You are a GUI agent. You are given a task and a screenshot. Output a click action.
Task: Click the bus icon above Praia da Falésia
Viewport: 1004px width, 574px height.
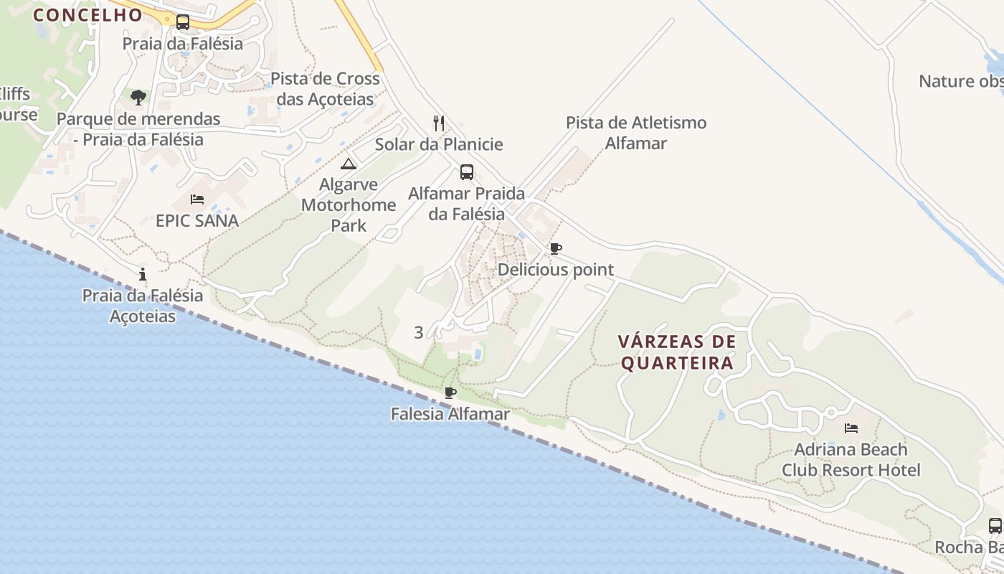pyautogui.click(x=183, y=22)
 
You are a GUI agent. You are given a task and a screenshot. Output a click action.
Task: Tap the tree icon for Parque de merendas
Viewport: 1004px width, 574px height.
pyautogui.click(x=138, y=97)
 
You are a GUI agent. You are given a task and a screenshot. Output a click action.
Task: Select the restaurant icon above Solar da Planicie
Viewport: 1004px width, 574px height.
pyautogui.click(x=439, y=123)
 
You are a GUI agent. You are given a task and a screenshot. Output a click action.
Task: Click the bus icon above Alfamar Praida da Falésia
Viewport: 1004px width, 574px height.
pyautogui.click(x=467, y=172)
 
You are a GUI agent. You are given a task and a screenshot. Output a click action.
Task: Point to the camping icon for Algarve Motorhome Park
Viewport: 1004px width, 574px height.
pyautogui.click(x=349, y=164)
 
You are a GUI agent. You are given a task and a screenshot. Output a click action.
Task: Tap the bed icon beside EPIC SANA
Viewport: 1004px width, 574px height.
pyautogui.click(x=197, y=199)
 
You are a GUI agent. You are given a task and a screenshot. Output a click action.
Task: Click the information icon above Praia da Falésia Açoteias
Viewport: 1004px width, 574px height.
pyautogui.click(x=143, y=274)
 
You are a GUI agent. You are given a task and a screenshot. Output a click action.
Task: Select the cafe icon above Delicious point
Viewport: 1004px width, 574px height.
pyautogui.click(x=555, y=249)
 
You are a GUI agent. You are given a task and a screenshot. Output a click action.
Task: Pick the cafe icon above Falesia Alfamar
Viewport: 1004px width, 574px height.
pyautogui.click(x=450, y=392)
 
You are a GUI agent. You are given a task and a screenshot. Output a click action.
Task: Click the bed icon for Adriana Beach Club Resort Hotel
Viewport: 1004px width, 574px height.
pyautogui.click(x=851, y=428)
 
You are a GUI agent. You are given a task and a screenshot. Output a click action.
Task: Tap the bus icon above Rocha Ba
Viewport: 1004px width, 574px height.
pyautogui.click(x=995, y=525)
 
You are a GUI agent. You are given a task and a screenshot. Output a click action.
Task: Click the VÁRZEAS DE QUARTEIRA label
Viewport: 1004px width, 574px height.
pyautogui.click(x=678, y=352)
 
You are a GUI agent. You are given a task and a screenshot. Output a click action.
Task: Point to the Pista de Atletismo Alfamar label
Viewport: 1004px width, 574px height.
pyautogui.click(x=636, y=133)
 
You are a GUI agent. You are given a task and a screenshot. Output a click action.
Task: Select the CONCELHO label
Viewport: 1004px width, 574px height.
pyautogui.click(x=88, y=14)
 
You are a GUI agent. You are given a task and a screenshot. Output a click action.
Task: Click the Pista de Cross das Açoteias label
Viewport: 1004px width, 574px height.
pyautogui.click(x=325, y=89)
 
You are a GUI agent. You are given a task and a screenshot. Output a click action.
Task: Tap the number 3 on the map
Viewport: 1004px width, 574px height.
pyautogui.click(x=419, y=332)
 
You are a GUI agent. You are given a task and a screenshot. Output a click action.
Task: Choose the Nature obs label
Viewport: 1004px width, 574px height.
pyautogui.click(x=961, y=81)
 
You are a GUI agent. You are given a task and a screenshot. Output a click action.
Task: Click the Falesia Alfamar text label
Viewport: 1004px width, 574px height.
pyautogui.click(x=450, y=414)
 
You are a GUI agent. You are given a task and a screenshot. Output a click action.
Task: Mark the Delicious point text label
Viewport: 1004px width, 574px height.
pyautogui.click(x=556, y=270)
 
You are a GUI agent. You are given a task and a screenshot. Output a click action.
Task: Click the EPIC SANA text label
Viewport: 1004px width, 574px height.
pyautogui.click(x=197, y=220)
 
